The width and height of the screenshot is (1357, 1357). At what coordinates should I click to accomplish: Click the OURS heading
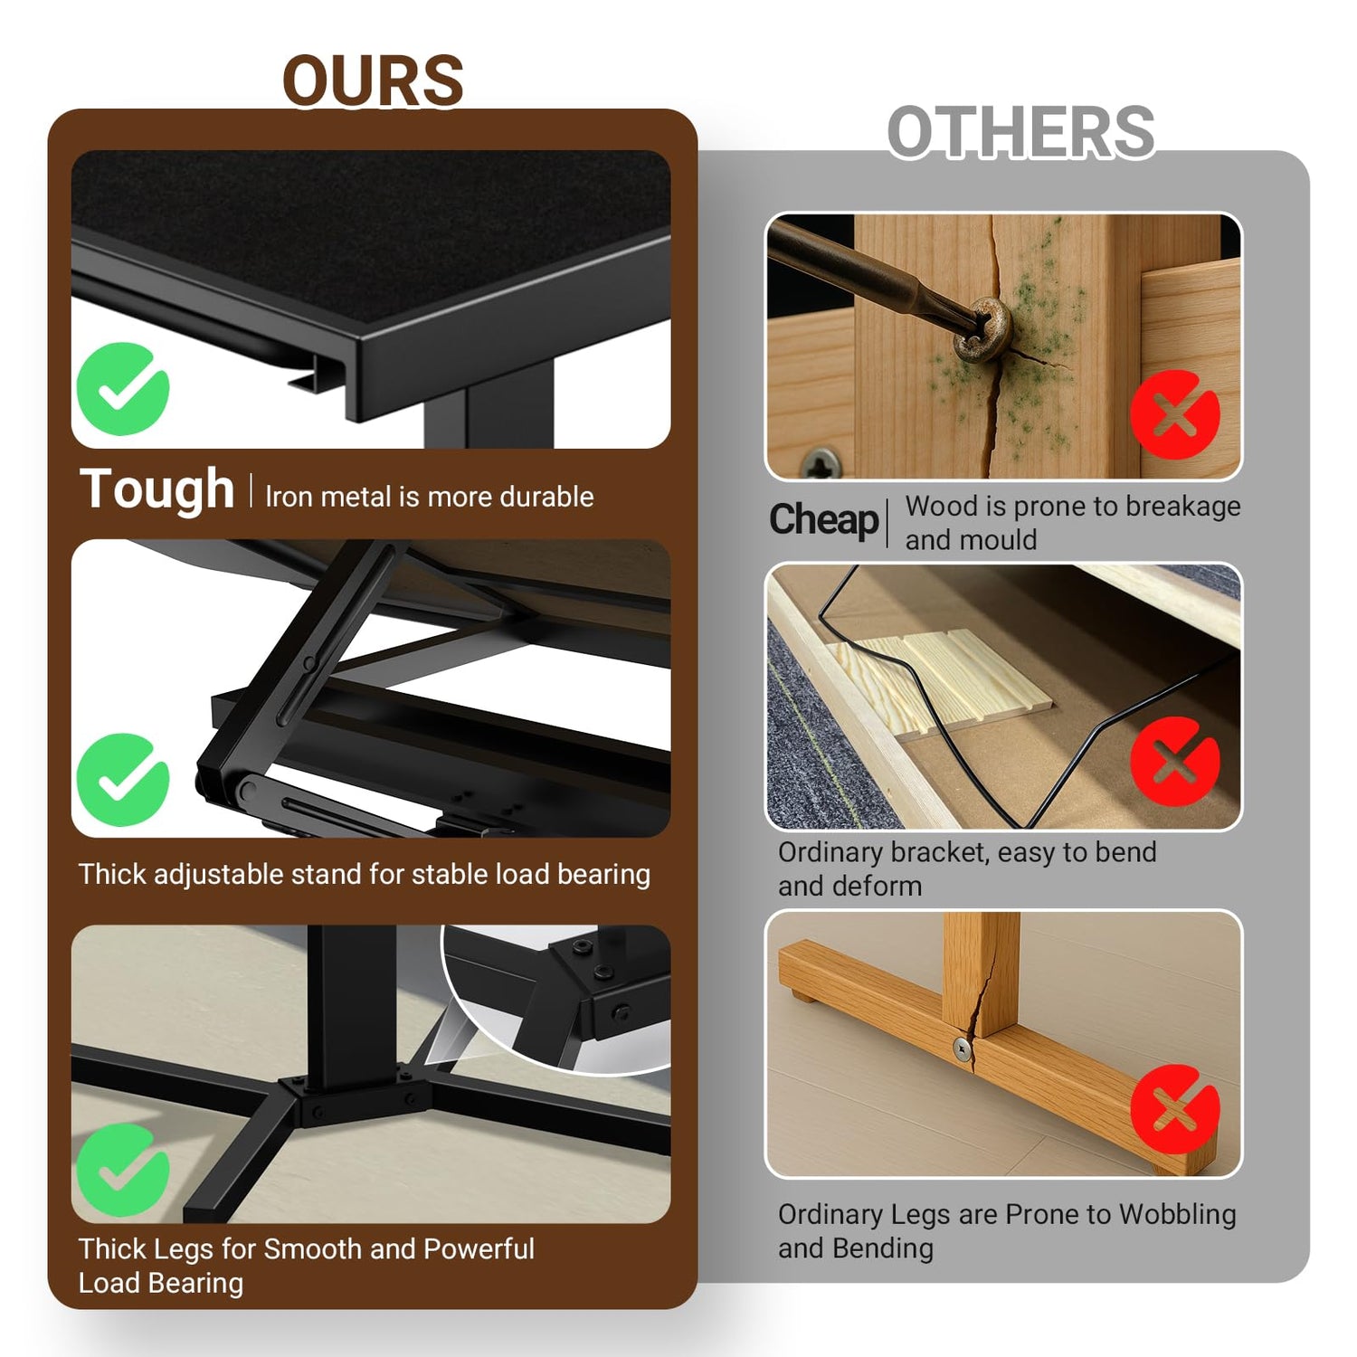point(374,81)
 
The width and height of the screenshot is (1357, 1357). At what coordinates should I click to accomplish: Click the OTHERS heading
point(1020,132)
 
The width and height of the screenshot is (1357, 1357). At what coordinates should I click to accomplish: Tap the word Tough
point(157,490)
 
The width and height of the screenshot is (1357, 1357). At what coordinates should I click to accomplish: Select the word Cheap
point(823,520)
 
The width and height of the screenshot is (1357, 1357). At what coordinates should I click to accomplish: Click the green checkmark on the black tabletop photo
point(123,389)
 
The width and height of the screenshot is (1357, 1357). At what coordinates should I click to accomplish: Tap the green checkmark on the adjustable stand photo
point(123,780)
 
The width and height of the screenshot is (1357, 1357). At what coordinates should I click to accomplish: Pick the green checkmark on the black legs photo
point(123,1170)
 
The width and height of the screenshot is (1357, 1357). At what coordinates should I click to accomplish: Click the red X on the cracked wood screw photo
point(1175,414)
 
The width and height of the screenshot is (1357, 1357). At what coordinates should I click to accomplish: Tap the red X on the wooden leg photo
point(1175,1109)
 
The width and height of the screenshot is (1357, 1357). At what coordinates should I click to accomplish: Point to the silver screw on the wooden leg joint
point(962,1049)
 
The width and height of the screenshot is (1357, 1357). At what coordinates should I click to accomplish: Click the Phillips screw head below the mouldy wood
point(822,464)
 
